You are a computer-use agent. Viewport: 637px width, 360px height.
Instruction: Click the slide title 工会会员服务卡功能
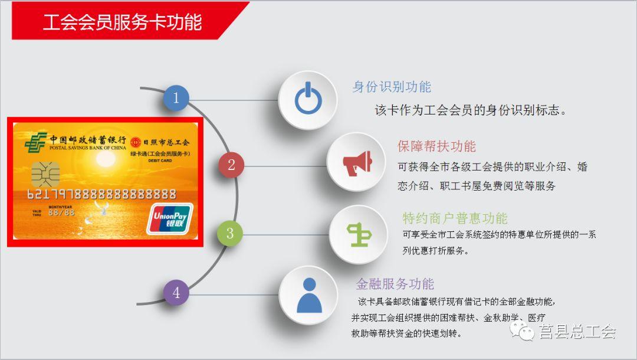click(x=122, y=22)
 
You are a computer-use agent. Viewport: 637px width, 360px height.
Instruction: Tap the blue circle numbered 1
click(x=176, y=98)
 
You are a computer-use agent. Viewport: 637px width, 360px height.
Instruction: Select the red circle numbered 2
click(x=231, y=165)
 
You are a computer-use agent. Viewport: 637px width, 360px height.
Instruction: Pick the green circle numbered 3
click(x=229, y=233)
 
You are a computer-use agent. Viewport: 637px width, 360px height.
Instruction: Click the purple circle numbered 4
click(x=176, y=292)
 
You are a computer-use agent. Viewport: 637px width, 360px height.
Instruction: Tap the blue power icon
click(x=308, y=98)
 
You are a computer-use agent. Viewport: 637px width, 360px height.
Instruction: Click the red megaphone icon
click(x=357, y=163)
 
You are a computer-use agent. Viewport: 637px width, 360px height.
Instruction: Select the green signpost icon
click(x=359, y=234)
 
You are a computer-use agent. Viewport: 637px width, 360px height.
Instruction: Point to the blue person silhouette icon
click(x=309, y=296)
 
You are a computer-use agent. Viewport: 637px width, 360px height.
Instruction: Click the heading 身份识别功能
click(x=392, y=87)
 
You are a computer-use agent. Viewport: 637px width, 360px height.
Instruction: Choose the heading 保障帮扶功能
click(x=436, y=146)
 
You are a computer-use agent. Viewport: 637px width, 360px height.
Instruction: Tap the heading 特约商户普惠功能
click(x=455, y=218)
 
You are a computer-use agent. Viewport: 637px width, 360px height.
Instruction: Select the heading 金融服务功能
click(x=395, y=284)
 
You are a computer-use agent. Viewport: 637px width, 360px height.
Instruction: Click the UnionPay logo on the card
click(x=170, y=220)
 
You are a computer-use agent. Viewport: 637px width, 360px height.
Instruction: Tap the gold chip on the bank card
click(x=45, y=174)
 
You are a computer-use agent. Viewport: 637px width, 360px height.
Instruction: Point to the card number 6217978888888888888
click(x=101, y=194)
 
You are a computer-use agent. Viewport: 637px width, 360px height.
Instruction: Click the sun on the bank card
click(x=105, y=159)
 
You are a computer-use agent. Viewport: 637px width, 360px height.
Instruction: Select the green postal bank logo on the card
click(x=35, y=143)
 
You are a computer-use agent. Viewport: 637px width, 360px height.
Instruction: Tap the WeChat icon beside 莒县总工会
click(x=522, y=330)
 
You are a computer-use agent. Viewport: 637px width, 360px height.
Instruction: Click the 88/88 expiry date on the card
click(x=61, y=212)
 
